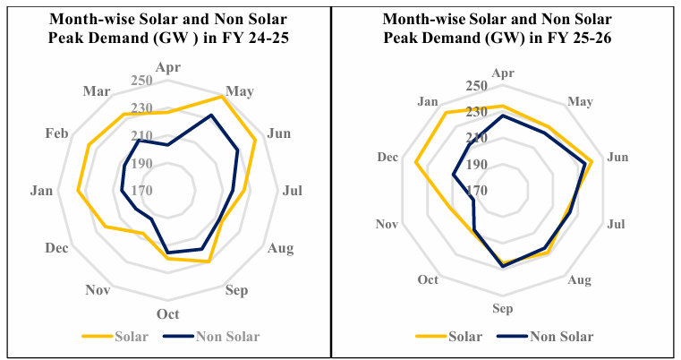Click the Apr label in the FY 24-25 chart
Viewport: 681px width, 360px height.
[x=167, y=67]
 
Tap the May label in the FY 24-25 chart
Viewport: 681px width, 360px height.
[x=240, y=90]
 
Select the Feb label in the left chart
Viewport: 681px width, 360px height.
[x=56, y=133]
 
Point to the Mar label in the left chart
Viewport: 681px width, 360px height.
[x=97, y=90]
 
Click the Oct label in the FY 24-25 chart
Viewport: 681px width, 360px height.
[x=167, y=313]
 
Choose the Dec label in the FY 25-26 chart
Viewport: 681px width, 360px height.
[x=387, y=157]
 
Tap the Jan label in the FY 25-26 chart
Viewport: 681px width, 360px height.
[x=427, y=100]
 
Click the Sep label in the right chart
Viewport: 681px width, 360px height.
[x=503, y=309]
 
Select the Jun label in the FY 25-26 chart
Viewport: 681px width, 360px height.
[x=617, y=157]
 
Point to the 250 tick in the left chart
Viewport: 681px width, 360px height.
[x=143, y=81]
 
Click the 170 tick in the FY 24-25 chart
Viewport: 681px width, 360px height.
[x=143, y=191]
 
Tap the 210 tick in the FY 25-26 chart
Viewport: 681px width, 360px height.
[x=476, y=138]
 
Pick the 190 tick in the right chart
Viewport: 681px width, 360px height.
[x=476, y=165]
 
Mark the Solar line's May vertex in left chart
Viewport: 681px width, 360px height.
[x=222, y=97]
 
